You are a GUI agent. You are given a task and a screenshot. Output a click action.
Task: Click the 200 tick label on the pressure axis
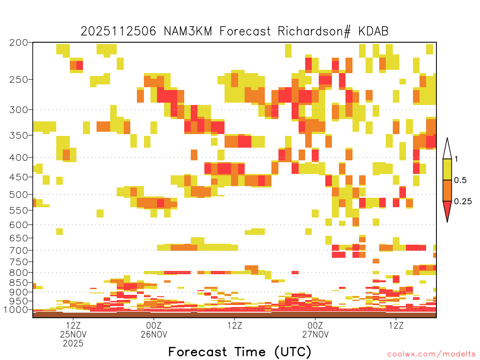click(18, 43)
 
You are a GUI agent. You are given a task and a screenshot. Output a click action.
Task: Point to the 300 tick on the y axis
click(18, 110)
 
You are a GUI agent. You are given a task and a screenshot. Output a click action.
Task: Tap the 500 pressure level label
click(18, 195)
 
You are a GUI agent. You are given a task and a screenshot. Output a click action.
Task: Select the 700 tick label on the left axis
click(18, 250)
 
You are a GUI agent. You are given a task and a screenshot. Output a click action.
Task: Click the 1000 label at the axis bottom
click(16, 309)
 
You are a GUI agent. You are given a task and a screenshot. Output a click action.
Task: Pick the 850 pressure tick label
click(18, 283)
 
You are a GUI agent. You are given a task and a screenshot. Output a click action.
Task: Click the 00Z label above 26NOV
click(154, 325)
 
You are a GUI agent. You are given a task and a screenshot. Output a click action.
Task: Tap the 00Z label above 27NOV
click(315, 325)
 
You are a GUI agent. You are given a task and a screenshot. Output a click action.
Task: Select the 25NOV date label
click(73, 334)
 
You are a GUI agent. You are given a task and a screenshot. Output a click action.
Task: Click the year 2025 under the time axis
click(73, 344)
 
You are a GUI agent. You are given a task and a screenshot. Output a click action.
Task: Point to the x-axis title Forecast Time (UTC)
click(240, 352)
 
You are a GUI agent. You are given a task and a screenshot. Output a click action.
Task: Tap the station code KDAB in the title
click(374, 31)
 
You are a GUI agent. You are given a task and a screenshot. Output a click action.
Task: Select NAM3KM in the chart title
click(188, 31)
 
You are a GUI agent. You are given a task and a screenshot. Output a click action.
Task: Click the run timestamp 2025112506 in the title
click(118, 31)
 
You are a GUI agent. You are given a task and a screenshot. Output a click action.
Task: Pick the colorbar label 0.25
click(463, 202)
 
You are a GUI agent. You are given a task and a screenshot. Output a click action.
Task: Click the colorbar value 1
click(456, 159)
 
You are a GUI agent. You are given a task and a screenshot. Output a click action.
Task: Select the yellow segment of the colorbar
click(447, 169)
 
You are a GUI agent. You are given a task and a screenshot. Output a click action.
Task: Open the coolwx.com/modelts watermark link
click(431, 354)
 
